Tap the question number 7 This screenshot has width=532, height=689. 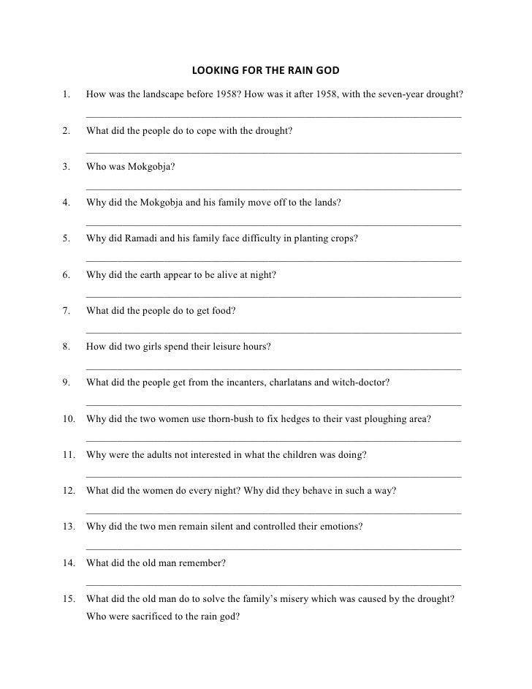click(x=66, y=311)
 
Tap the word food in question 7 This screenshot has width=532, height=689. click(x=223, y=311)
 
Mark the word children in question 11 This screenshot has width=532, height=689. click(x=291, y=454)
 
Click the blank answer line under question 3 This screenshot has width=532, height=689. click(x=273, y=189)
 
